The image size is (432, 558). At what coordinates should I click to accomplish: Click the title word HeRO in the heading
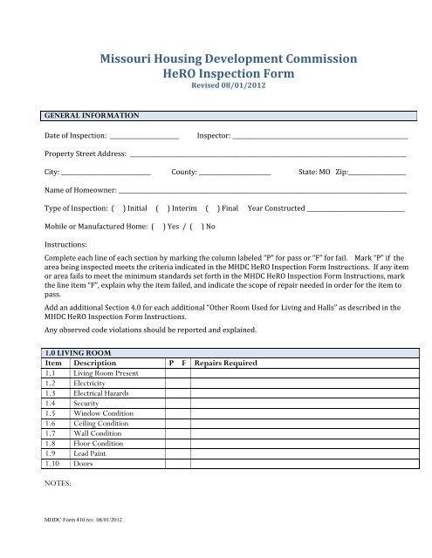(x=186, y=74)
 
